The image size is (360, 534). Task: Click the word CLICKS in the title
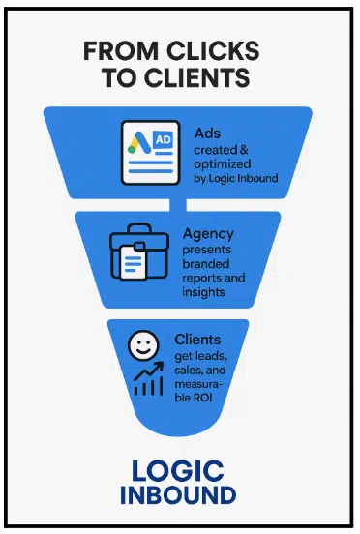(213, 50)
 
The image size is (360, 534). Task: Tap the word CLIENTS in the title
(196, 77)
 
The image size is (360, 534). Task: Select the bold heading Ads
(207, 133)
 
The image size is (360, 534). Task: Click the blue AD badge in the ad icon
(164, 139)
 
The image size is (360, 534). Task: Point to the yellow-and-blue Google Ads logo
(138, 142)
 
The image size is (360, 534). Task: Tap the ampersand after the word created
(244, 150)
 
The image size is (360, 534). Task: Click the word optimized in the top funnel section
(223, 164)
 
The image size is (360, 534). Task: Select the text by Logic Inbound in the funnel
(236, 178)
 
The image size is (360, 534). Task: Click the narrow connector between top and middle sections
(178, 205)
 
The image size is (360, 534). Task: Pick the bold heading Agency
(208, 234)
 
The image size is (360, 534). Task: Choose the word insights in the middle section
(203, 292)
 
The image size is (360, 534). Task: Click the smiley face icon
(143, 345)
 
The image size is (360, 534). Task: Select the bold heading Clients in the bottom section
(197, 340)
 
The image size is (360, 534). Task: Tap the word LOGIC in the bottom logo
(178, 471)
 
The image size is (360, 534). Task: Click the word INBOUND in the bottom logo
(178, 495)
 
